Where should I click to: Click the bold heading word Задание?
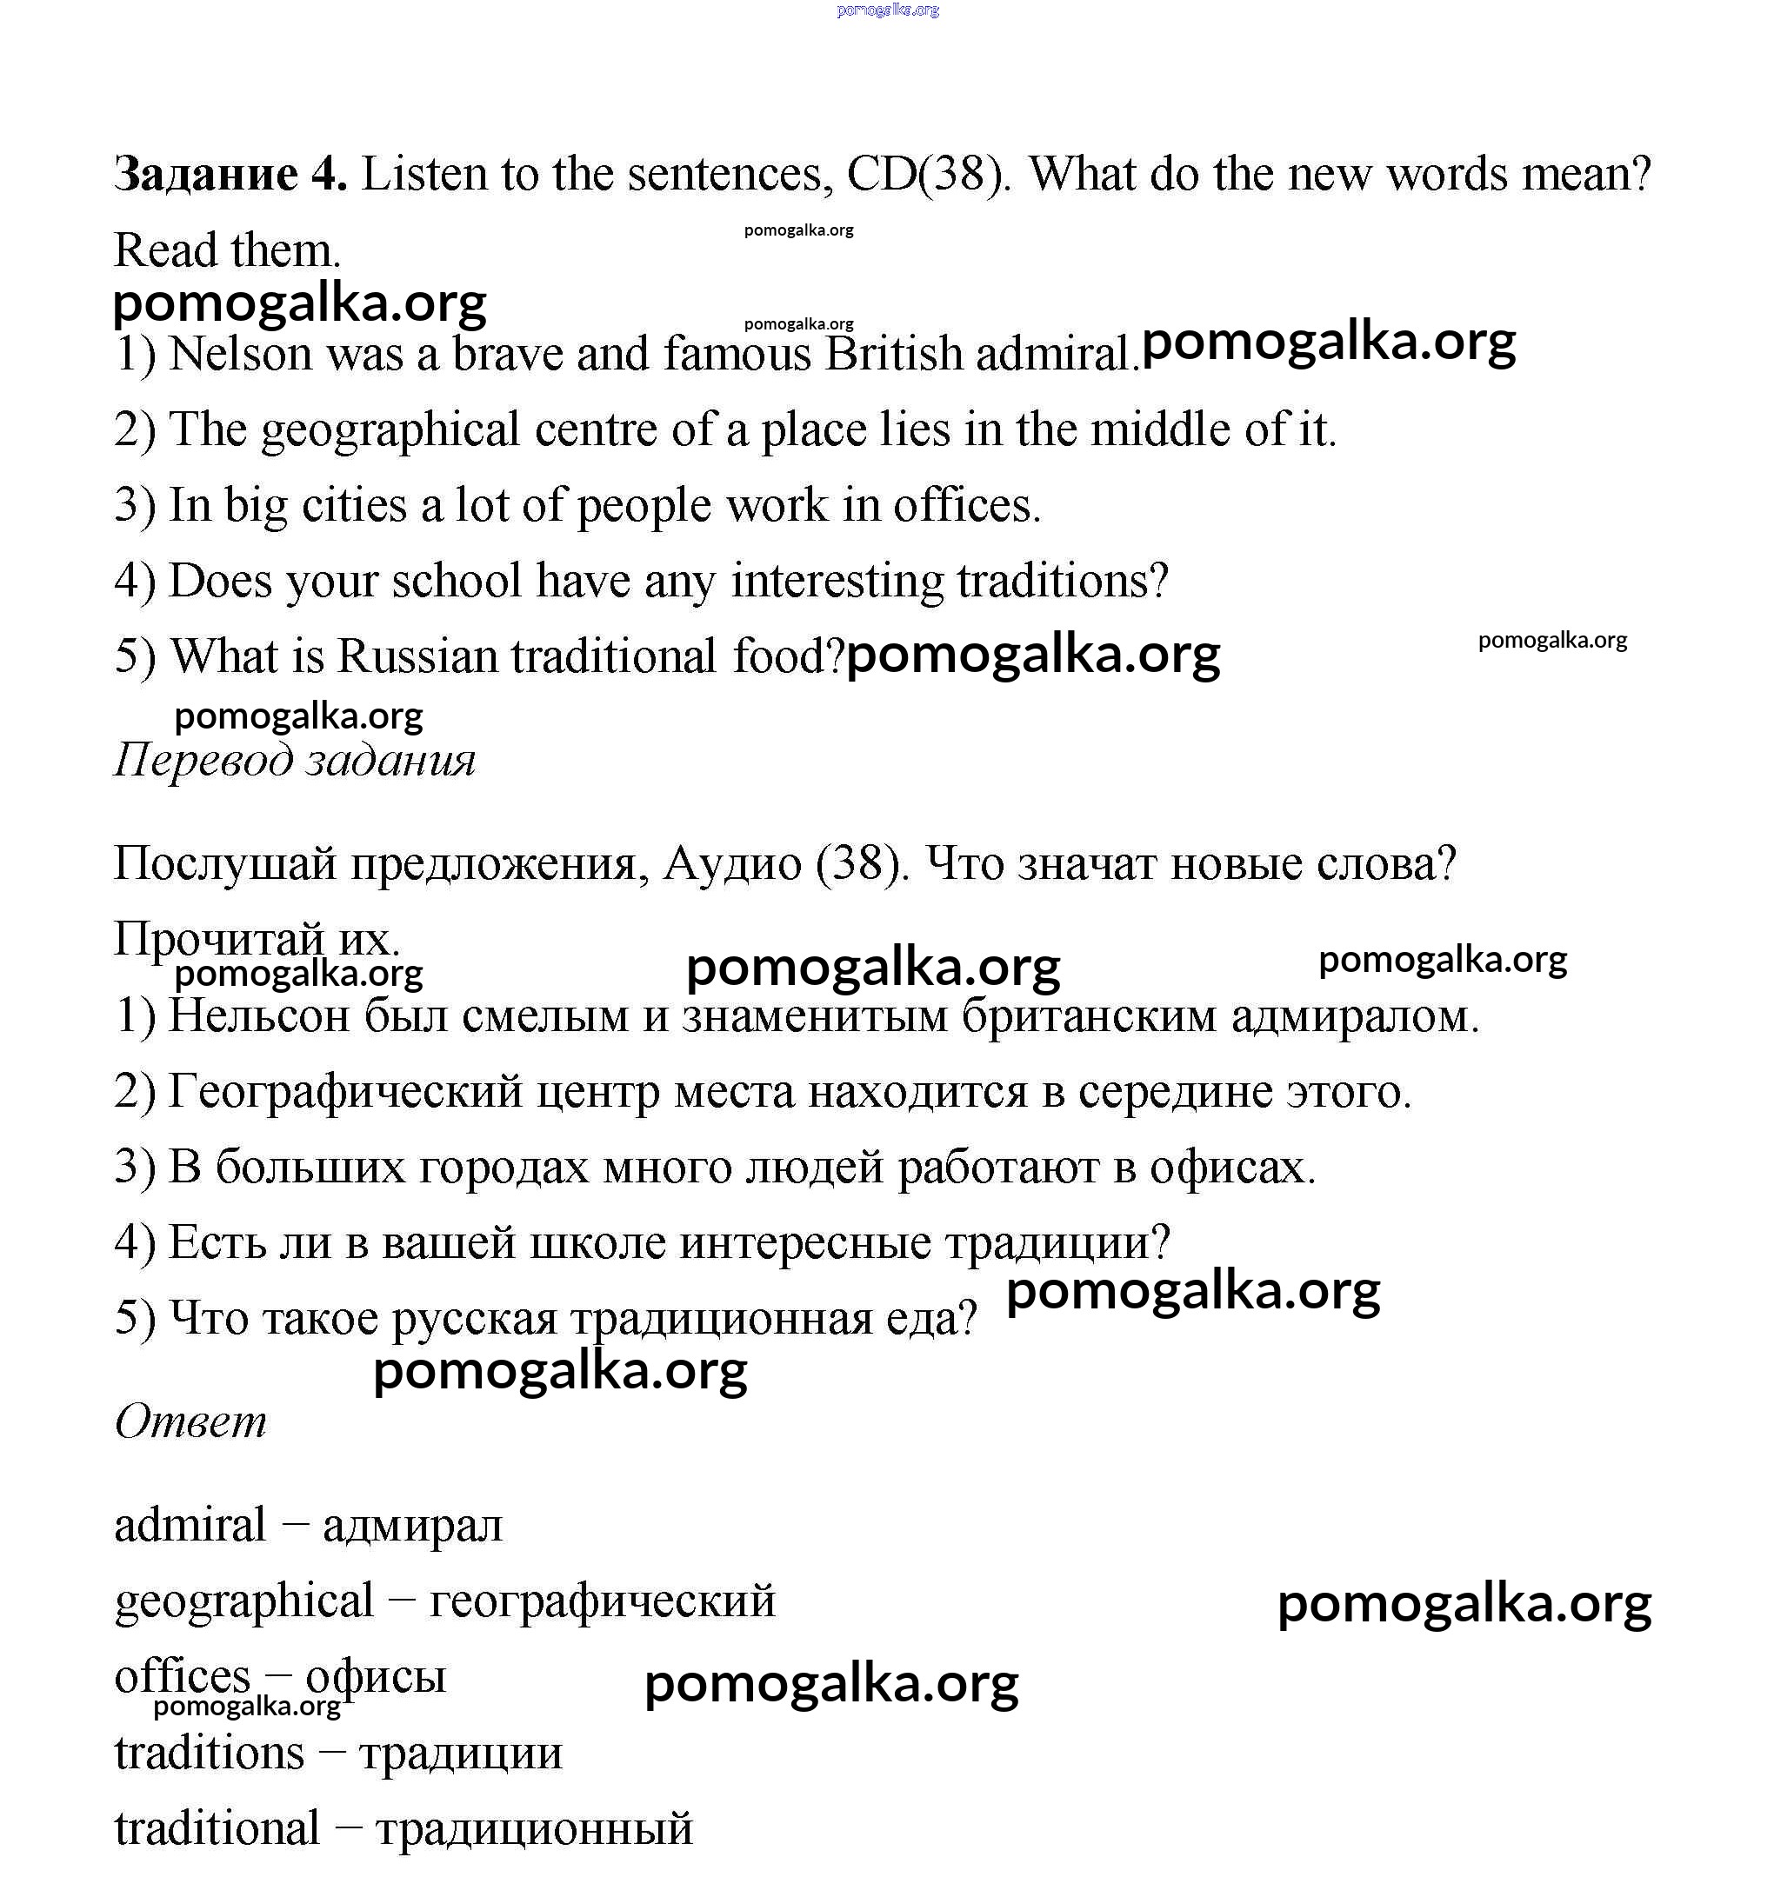205,175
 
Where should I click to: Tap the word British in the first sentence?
894,354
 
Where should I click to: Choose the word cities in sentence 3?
354,505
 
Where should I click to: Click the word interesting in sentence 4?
837,580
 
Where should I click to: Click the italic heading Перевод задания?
294,761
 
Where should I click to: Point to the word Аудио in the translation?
732,863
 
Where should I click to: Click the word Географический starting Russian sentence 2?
345,1092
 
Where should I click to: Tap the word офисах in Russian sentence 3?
1231,1167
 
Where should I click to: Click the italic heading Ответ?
190,1421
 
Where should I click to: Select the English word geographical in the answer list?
243,1602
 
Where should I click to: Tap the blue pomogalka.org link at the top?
888,10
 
